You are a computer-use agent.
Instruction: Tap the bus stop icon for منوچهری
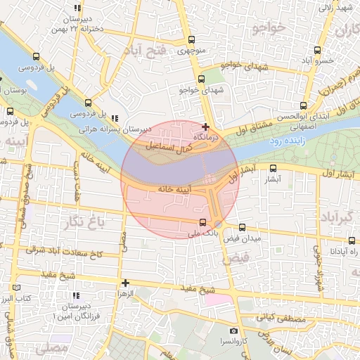(191, 40)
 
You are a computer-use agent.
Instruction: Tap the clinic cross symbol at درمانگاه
(205, 127)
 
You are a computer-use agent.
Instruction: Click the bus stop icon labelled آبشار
(274, 168)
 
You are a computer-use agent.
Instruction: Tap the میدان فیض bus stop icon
(242, 227)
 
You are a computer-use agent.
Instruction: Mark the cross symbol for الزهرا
(125, 283)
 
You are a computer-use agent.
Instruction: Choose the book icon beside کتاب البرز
(17, 288)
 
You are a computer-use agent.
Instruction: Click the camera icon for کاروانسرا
(233, 330)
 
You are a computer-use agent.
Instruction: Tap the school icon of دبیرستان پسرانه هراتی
(115, 119)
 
